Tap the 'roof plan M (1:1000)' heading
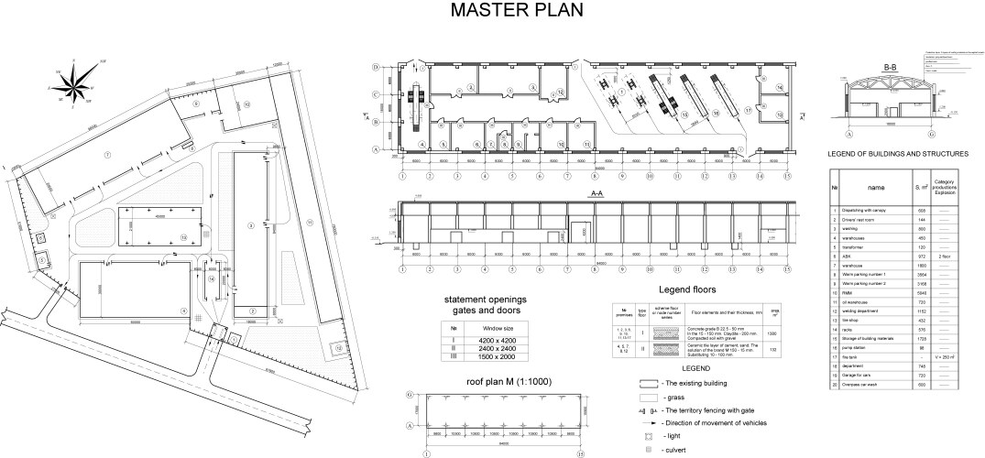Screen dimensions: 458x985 click(x=493, y=383)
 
